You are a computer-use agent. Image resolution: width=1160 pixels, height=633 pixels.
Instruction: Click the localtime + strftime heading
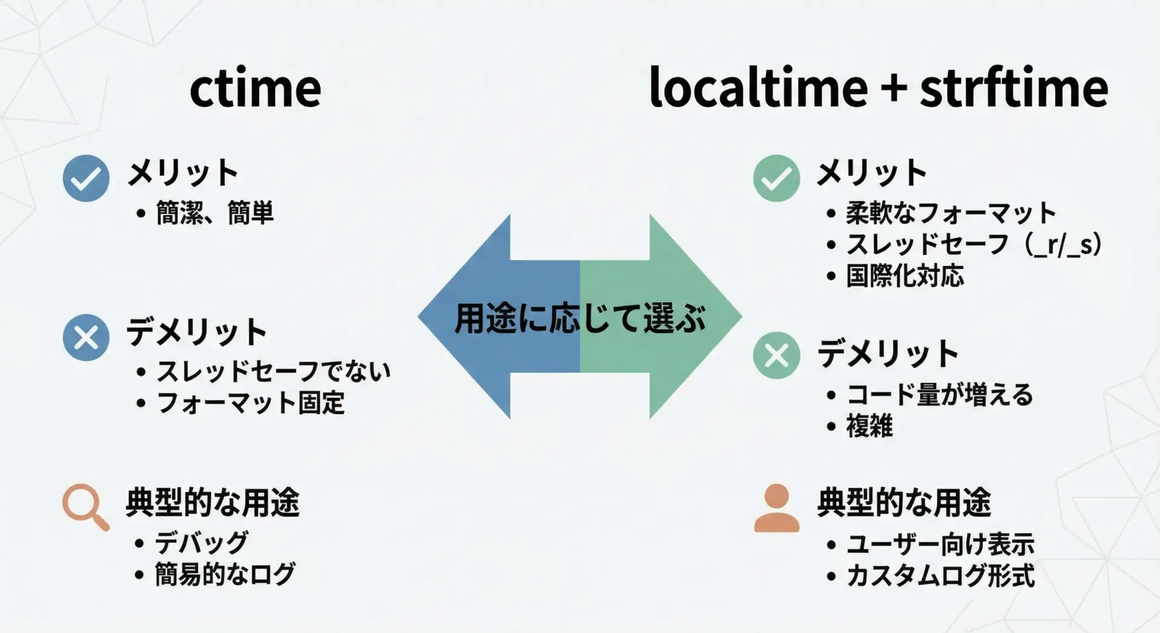(x=878, y=88)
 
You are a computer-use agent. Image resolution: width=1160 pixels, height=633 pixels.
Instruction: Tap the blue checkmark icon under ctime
(x=86, y=178)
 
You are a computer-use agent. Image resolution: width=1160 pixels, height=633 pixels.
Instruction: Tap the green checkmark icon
(x=776, y=178)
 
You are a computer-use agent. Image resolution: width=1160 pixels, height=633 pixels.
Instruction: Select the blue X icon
(x=86, y=337)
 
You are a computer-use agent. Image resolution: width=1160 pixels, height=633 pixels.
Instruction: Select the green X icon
(x=776, y=355)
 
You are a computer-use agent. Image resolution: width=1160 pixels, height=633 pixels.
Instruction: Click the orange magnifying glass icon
(x=86, y=507)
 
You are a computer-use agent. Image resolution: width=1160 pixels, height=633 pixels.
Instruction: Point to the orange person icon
(x=776, y=508)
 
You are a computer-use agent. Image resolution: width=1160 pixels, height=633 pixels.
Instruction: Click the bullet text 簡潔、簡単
(x=214, y=213)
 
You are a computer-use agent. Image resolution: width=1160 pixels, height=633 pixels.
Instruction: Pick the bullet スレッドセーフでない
(x=274, y=371)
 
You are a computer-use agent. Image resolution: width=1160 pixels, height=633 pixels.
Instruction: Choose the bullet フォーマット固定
(x=251, y=403)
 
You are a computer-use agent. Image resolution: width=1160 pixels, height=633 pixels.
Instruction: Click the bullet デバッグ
(x=201, y=542)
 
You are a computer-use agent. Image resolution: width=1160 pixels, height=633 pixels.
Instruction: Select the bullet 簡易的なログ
(x=225, y=574)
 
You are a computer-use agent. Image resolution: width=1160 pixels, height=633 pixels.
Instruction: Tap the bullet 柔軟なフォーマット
(x=951, y=213)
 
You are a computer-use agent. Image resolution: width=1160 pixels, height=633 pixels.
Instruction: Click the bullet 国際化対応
(x=905, y=276)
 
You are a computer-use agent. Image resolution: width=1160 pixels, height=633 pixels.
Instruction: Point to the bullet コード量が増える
(x=939, y=394)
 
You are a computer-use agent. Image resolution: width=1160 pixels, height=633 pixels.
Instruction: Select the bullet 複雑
(x=869, y=426)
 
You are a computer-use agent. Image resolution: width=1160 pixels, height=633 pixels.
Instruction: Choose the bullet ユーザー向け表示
(x=940, y=544)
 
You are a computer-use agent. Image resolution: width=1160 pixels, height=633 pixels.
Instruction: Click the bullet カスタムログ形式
(x=940, y=576)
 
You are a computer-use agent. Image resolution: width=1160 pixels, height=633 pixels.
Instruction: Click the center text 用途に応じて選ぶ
(x=580, y=318)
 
